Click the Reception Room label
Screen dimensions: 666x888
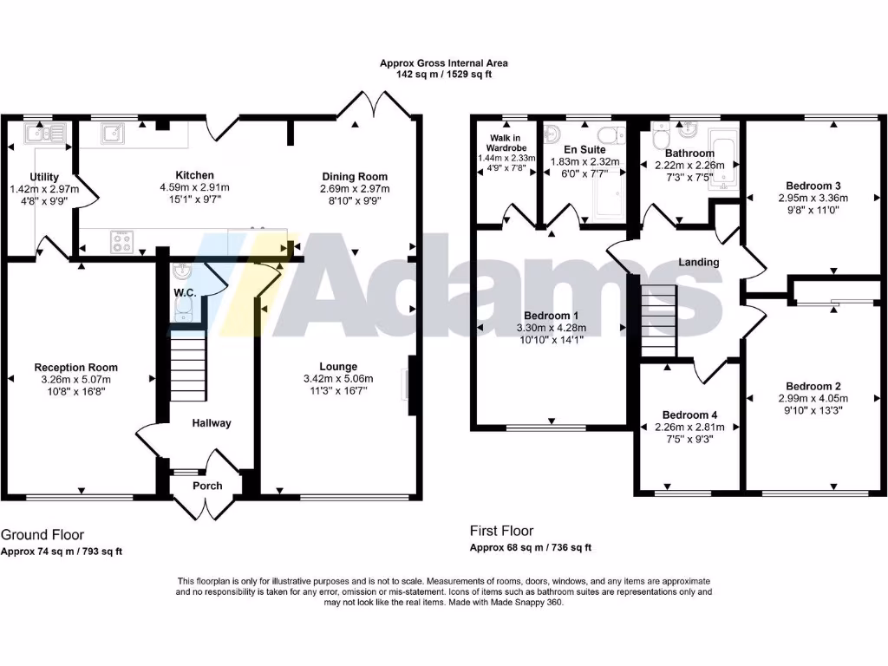tap(76, 368)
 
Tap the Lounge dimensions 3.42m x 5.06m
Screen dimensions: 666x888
tap(337, 379)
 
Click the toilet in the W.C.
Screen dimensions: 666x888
tap(182, 311)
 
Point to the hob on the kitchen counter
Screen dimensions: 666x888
tap(121, 242)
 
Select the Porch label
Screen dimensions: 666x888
tap(206, 486)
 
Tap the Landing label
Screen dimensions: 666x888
tap(699, 262)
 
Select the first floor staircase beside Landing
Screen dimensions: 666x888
tap(658, 320)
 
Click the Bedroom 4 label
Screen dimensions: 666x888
tap(689, 415)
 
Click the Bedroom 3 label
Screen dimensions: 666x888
tap(813, 186)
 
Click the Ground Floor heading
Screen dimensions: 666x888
tap(42, 535)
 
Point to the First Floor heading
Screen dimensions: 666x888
tap(501, 531)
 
